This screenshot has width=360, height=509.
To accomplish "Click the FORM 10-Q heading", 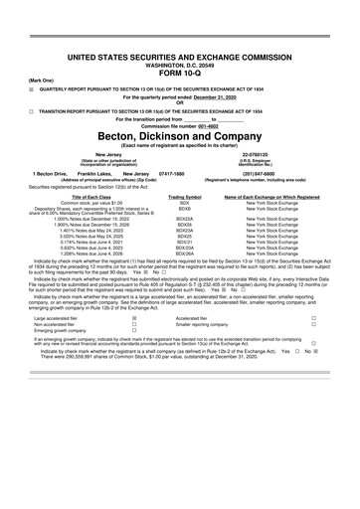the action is click(179, 47).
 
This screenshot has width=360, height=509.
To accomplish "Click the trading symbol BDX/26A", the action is click(184, 254).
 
